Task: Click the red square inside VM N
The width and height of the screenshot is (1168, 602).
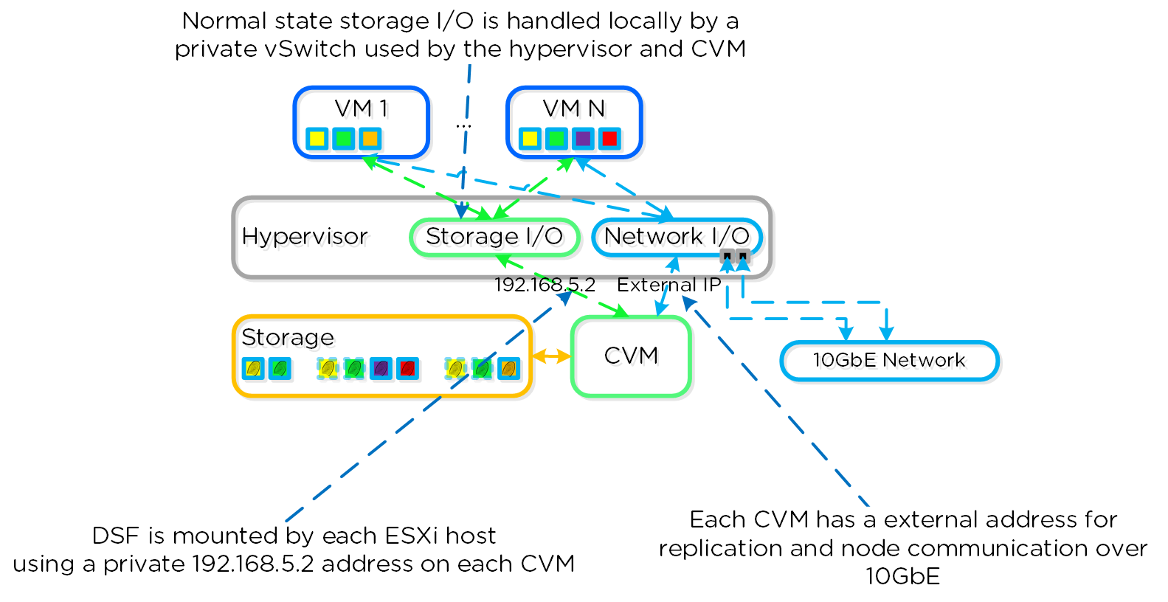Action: [x=609, y=138]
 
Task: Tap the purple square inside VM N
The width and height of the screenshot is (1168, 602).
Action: [x=583, y=138]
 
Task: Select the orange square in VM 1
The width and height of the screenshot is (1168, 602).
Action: [x=370, y=138]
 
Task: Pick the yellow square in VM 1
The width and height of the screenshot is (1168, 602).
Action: [x=317, y=138]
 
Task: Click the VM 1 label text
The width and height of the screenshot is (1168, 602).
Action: [x=361, y=108]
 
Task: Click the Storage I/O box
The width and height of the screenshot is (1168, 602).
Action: [x=494, y=236]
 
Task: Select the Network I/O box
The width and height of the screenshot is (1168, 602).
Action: [x=677, y=236]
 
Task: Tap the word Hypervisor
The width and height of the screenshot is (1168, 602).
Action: [x=304, y=236]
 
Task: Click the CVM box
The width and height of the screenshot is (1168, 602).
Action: [x=631, y=356]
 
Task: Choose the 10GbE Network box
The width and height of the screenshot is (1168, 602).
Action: [x=888, y=360]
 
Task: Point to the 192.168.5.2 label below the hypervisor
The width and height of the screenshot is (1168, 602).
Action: [x=545, y=285]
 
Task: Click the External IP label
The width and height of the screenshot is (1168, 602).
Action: [x=668, y=285]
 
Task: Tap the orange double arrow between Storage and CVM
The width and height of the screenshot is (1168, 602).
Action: [x=551, y=356]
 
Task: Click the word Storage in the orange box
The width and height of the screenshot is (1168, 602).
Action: [x=287, y=337]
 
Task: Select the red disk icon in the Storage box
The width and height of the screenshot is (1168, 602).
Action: [x=407, y=367]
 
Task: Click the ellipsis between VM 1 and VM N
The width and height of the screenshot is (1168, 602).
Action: [x=463, y=126]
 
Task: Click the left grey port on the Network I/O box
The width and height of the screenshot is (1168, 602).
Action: [x=727, y=256]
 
